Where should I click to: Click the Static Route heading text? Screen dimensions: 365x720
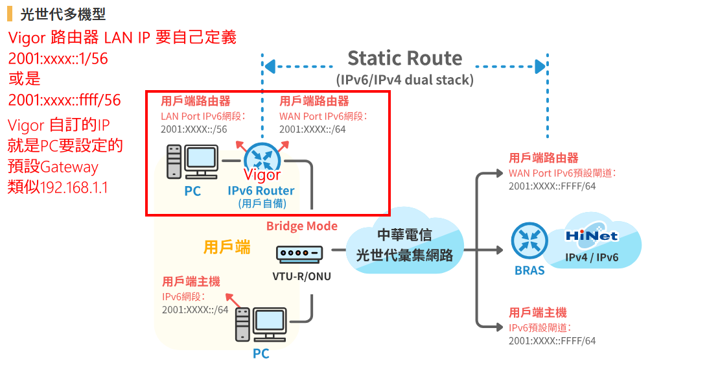(404, 58)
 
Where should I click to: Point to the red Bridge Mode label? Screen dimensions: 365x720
(302, 226)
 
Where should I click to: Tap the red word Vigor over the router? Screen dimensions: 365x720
(262, 175)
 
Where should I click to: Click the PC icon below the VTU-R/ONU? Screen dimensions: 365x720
(261, 325)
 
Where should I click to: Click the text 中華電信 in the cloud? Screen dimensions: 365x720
(404, 235)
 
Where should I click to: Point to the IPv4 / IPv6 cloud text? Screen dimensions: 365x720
(592, 257)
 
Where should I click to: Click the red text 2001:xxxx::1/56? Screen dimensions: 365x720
(58, 59)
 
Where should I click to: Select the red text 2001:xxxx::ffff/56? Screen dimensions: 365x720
(64, 100)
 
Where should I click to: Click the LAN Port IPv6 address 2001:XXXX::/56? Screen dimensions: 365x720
(194, 129)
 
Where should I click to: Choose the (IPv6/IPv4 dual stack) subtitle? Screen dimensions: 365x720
(404, 80)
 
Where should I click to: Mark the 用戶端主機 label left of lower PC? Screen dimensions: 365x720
(191, 281)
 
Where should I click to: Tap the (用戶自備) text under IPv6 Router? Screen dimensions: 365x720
(261, 203)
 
